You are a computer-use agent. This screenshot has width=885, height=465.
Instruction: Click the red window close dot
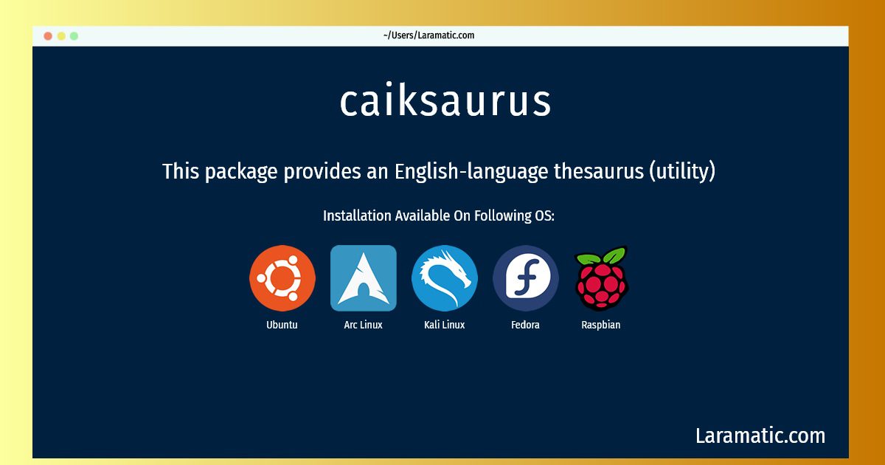(48, 36)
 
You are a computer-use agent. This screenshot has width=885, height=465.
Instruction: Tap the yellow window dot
(61, 36)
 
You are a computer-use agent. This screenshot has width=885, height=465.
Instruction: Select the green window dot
(74, 36)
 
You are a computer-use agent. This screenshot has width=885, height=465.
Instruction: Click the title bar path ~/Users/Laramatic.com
(428, 35)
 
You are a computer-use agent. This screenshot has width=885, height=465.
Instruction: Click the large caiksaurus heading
(445, 100)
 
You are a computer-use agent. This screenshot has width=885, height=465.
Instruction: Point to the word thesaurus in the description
(599, 171)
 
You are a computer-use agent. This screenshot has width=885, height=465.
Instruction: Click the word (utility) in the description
(682, 171)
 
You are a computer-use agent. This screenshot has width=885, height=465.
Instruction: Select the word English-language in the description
(472, 171)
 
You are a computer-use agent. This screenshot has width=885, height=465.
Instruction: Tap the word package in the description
(241, 172)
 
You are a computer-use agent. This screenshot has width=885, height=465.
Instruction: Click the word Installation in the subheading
(357, 216)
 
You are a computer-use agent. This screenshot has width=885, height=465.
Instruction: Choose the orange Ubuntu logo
(282, 278)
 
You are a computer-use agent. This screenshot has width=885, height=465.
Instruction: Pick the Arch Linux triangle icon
(364, 278)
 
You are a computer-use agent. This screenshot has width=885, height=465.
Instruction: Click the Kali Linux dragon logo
(445, 278)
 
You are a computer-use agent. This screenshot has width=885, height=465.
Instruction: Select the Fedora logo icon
(525, 278)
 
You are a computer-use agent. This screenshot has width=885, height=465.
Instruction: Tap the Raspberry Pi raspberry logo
(601, 278)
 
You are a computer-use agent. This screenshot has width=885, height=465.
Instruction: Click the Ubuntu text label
(282, 325)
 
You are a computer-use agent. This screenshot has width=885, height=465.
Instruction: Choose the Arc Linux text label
(363, 325)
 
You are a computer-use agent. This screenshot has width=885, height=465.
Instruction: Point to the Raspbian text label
(601, 325)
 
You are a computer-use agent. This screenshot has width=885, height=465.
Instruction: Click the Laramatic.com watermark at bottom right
(760, 436)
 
